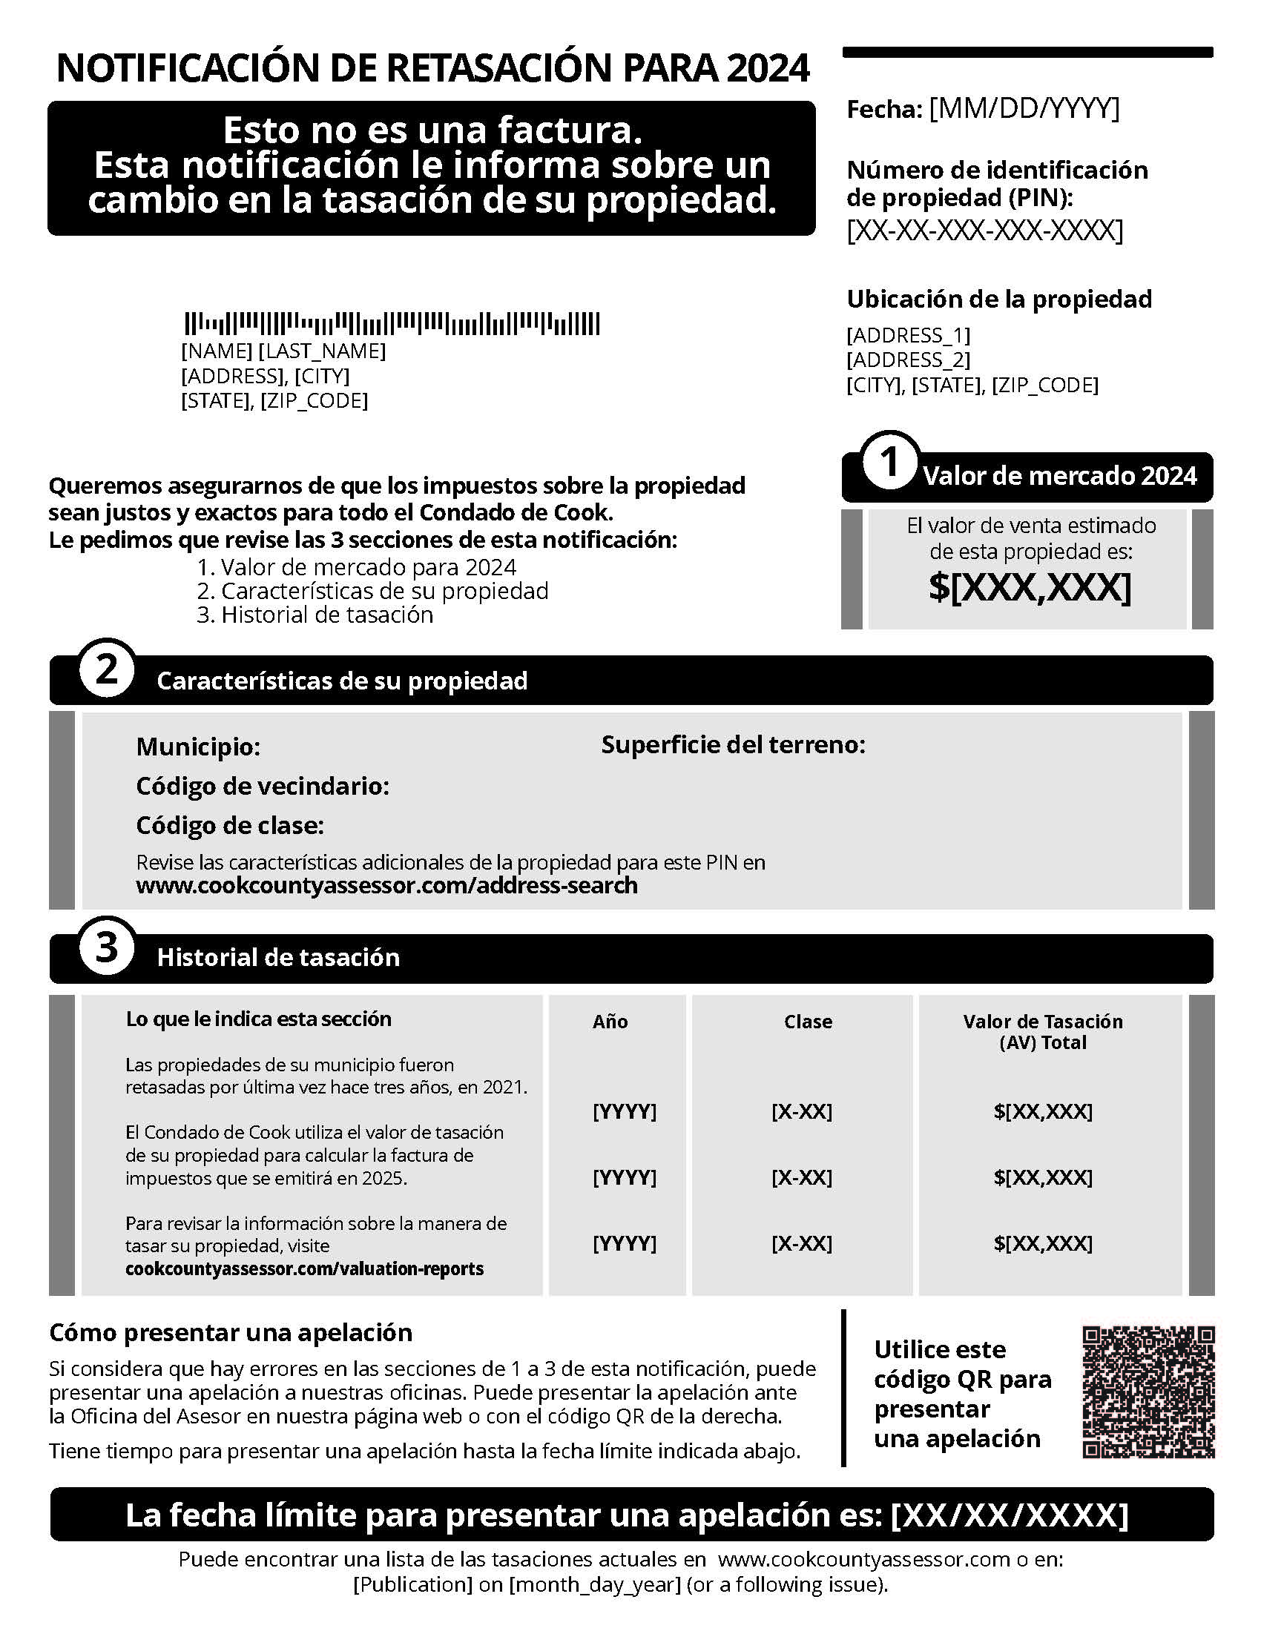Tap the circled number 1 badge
(889, 463)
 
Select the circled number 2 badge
(107, 670)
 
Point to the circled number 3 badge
(107, 947)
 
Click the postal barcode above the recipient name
(392, 323)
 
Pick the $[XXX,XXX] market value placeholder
(1030, 587)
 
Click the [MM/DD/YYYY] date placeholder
(1024, 109)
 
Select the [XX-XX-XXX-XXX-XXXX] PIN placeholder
(984, 231)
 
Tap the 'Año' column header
(610, 1022)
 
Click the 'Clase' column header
(808, 1022)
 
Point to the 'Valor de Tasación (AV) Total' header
(1043, 1031)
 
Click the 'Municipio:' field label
(198, 746)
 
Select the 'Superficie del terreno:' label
(733, 744)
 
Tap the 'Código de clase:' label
(230, 825)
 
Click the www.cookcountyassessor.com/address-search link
(386, 886)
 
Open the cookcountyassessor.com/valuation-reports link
(304, 1268)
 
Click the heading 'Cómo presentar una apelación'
(230, 1332)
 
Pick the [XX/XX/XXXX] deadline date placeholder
(1010, 1515)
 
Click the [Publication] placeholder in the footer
(412, 1585)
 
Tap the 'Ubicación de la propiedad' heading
(999, 299)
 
